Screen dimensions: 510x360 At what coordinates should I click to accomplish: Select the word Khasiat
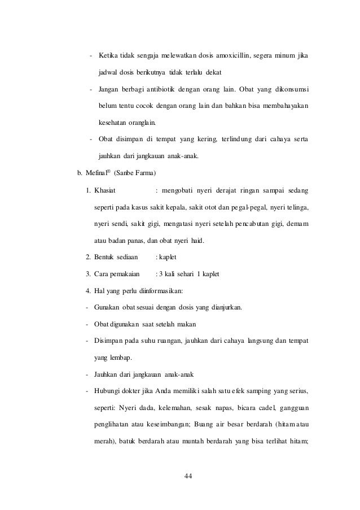[x=105, y=189]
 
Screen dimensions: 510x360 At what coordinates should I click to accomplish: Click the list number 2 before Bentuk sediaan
[x=88, y=258]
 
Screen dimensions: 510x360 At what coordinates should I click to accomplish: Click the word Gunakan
[x=107, y=308]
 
